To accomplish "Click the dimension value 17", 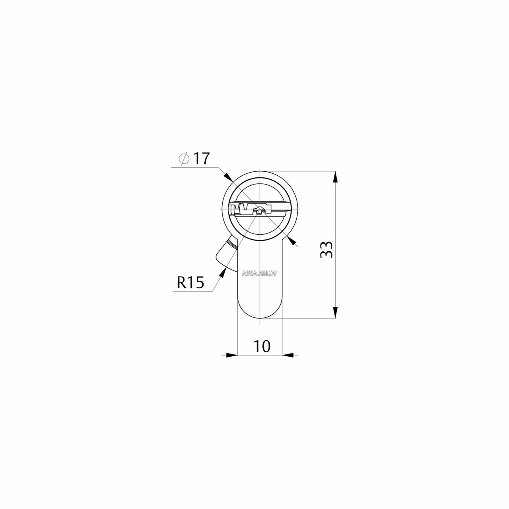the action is pos(202,159).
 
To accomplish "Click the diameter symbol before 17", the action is pos(184,159).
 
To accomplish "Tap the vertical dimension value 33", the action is pos(326,250).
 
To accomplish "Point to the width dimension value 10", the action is pos(262,346).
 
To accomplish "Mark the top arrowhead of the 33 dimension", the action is pos(335,177).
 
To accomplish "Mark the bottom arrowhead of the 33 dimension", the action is pos(335,313).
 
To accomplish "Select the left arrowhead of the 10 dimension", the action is pos(232,355).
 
